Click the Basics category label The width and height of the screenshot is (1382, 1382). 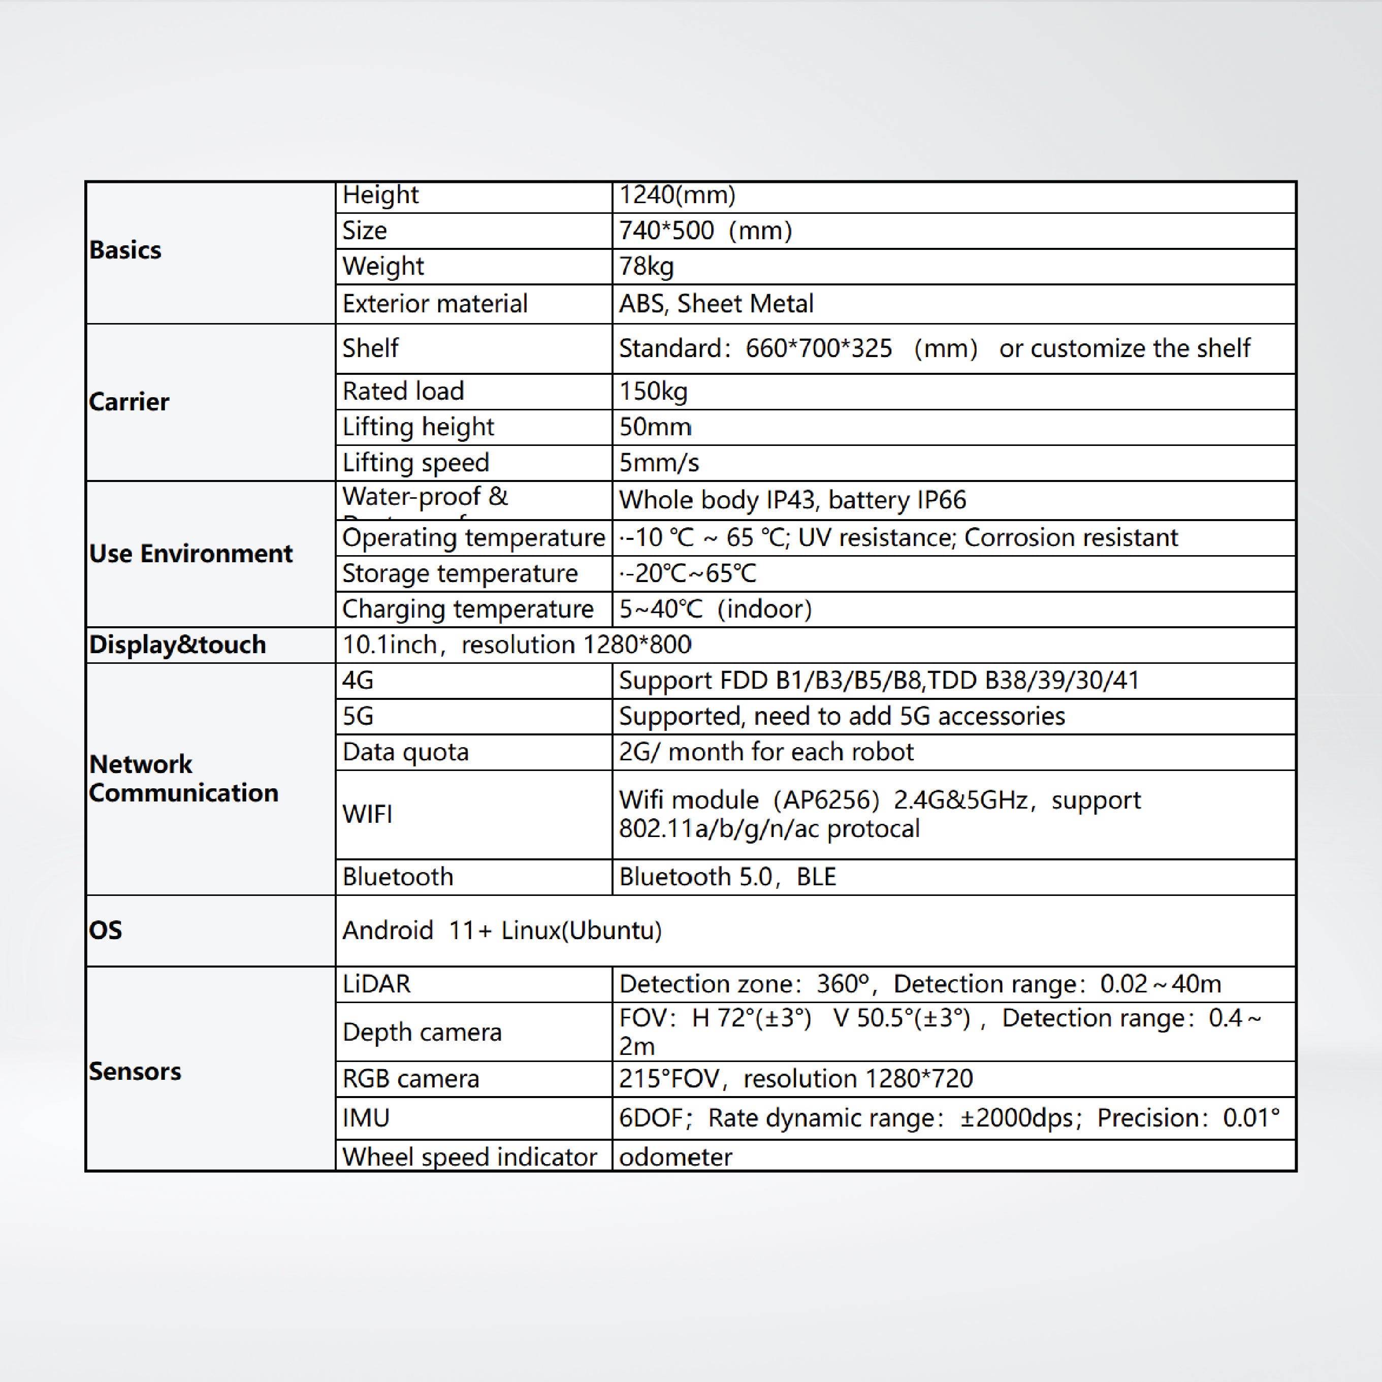coord(125,250)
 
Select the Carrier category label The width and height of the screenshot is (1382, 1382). coord(129,402)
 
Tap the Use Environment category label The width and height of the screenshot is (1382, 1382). coord(190,554)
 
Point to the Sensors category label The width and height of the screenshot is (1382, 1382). coord(135,1072)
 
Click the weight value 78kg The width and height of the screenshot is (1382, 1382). coord(646,266)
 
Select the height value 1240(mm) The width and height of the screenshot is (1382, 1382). coord(677,195)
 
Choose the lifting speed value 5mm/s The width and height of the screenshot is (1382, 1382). coord(658,463)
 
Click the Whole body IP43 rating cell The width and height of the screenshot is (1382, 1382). coord(792,500)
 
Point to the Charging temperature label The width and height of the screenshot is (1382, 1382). coord(467,609)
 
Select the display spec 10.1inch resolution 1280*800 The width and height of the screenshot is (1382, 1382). coord(517,645)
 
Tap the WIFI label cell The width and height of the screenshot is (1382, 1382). coord(367,814)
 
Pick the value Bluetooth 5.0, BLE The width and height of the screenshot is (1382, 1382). coord(727,877)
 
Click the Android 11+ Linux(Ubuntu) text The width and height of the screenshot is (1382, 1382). coord(501,930)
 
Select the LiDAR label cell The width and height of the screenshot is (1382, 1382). coord(376,984)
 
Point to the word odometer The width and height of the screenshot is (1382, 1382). coord(676,1156)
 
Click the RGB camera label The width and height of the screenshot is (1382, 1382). coord(410,1079)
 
